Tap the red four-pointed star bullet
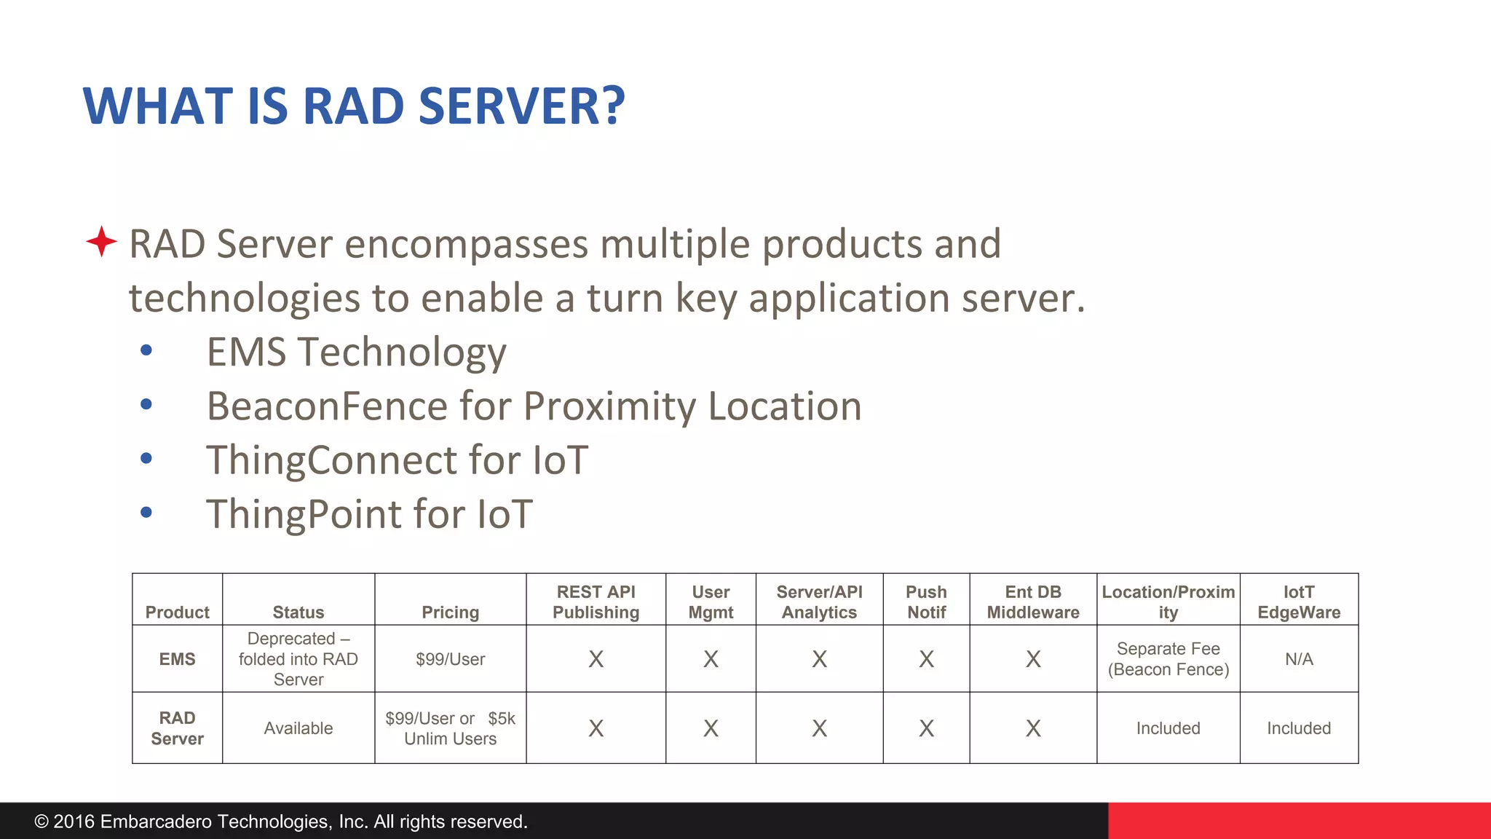click(101, 241)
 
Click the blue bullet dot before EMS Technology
click(146, 350)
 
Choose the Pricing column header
click(450, 612)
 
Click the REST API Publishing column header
click(596, 602)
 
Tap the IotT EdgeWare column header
click(1299, 602)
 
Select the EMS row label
click(177, 659)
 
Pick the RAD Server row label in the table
click(177, 728)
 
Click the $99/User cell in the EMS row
click(450, 659)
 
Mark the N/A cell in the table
click(1299, 659)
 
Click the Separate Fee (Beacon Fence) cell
click(1168, 659)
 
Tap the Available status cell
click(298, 728)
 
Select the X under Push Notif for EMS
click(926, 659)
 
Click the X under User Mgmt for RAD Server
click(711, 728)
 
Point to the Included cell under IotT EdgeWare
click(1299, 728)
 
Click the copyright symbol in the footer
click(41, 822)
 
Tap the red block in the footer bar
click(1300, 821)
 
